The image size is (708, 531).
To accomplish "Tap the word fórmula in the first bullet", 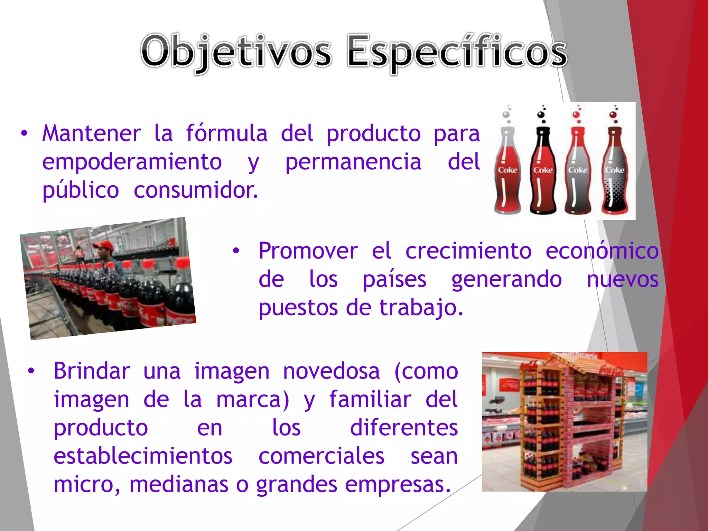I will pyautogui.click(x=227, y=133).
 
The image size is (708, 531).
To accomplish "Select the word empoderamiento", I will pyautogui.click(x=132, y=162).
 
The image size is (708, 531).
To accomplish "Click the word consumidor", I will pyautogui.click(x=196, y=190).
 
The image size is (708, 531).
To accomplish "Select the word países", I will pyautogui.click(x=394, y=279).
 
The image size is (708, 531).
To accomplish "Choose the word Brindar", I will pyautogui.click(x=92, y=371).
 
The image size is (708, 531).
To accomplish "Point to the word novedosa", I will pyautogui.click(x=331, y=371).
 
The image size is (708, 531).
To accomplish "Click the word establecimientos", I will pyautogui.click(x=143, y=456).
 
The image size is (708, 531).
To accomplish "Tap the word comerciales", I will pyautogui.click(x=321, y=456).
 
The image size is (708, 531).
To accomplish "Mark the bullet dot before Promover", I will pyautogui.click(x=236, y=251).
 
